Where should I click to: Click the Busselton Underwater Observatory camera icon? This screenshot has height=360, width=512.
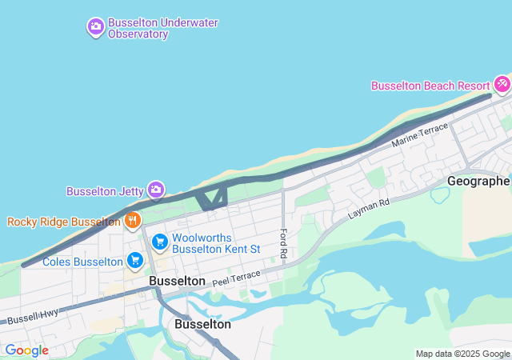click(96, 27)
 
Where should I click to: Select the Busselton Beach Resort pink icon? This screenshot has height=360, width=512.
click(502, 83)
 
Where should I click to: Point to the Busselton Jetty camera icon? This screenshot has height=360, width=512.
click(156, 190)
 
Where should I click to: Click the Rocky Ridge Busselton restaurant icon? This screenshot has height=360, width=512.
click(133, 220)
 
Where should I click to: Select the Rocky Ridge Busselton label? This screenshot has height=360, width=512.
click(63, 222)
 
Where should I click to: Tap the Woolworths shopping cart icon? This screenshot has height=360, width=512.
click(160, 241)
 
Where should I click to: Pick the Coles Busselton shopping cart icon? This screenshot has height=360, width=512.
click(134, 260)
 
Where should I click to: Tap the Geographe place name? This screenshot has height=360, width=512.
click(478, 181)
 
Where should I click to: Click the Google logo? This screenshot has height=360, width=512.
click(26, 350)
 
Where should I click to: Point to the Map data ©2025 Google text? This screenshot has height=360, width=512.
click(462, 354)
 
